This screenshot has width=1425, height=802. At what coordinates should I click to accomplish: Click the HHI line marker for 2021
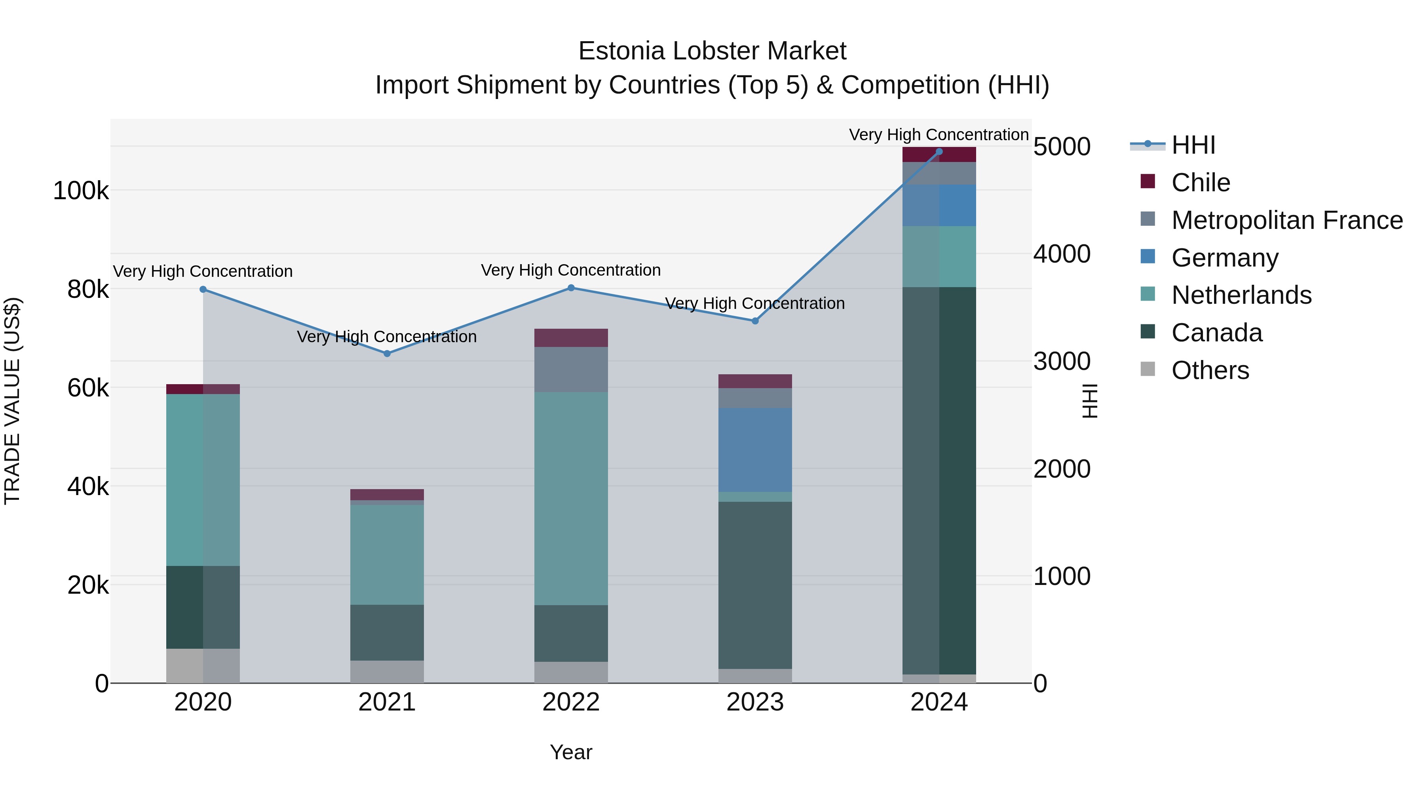point(387,353)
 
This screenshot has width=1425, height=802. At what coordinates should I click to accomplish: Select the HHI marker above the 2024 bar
point(939,152)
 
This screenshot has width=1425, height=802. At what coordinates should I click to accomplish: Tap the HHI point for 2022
point(571,288)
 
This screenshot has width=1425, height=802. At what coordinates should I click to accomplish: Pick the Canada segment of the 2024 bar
point(939,480)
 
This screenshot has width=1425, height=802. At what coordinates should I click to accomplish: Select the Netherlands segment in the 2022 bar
point(571,498)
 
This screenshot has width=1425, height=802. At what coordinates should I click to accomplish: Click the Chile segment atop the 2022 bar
point(571,337)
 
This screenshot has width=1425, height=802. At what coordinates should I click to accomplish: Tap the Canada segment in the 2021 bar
point(387,632)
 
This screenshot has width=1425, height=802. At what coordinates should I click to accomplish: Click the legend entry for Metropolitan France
point(1287,220)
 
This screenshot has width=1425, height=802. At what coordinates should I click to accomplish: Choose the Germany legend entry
point(1225,258)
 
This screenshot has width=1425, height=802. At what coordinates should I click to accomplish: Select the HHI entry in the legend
point(1193,145)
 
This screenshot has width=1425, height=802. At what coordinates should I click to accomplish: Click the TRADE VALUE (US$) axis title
point(12,401)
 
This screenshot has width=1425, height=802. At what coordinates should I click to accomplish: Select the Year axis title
point(571,752)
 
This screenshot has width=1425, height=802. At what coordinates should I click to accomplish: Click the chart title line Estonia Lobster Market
point(712,51)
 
